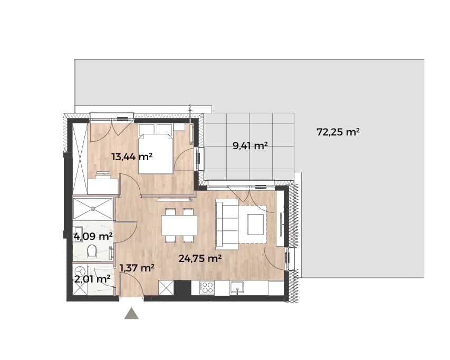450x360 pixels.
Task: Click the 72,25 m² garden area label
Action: pyautogui.click(x=338, y=132)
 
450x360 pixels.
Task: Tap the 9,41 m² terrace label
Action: pyautogui.click(x=250, y=146)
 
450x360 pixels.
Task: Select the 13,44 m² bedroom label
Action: pyautogui.click(x=132, y=157)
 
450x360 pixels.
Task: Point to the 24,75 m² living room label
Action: pyautogui.click(x=200, y=258)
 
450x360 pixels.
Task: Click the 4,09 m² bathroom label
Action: pyautogui.click(x=93, y=237)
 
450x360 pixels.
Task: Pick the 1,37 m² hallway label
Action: pyautogui.click(x=137, y=268)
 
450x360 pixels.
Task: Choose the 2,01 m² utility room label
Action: pyautogui.click(x=92, y=279)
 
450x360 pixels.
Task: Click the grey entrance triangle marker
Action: pyautogui.click(x=131, y=313)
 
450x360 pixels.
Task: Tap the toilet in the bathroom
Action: pyautogui.click(x=92, y=251)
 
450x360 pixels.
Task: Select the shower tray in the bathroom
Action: pyautogui.click(x=93, y=209)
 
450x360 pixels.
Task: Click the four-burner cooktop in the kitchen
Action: pyautogui.click(x=207, y=287)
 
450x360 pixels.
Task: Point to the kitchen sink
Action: pyautogui.click(x=237, y=287)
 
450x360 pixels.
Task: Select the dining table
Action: pyautogui.click(x=179, y=225)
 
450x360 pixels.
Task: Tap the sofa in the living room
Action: pyautogui.click(x=227, y=225)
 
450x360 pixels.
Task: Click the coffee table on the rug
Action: pyautogui.click(x=255, y=225)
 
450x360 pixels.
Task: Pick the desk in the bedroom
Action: pyautogui.click(x=103, y=186)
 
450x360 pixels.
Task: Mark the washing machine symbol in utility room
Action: pyautogui.click(x=80, y=271)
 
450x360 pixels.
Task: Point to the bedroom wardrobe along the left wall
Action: pyautogui.click(x=80, y=159)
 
